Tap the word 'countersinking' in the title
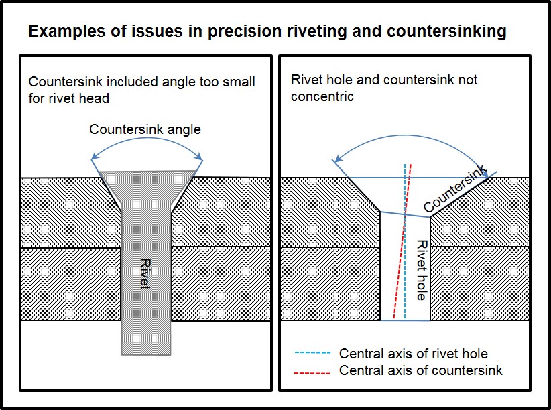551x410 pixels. point(446,31)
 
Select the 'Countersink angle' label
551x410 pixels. point(145,130)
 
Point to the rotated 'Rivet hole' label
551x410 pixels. point(422,270)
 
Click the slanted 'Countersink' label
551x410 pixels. point(455,189)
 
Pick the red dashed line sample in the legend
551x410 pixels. point(312,372)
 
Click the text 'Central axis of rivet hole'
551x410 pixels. point(413,354)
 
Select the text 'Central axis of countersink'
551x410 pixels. point(421,370)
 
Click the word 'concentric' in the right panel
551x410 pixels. point(322,96)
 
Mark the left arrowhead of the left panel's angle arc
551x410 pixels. point(94,157)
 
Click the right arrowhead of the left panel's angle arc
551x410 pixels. point(199,157)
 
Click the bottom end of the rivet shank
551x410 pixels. point(146,354)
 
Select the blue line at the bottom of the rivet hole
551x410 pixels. point(405,320)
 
